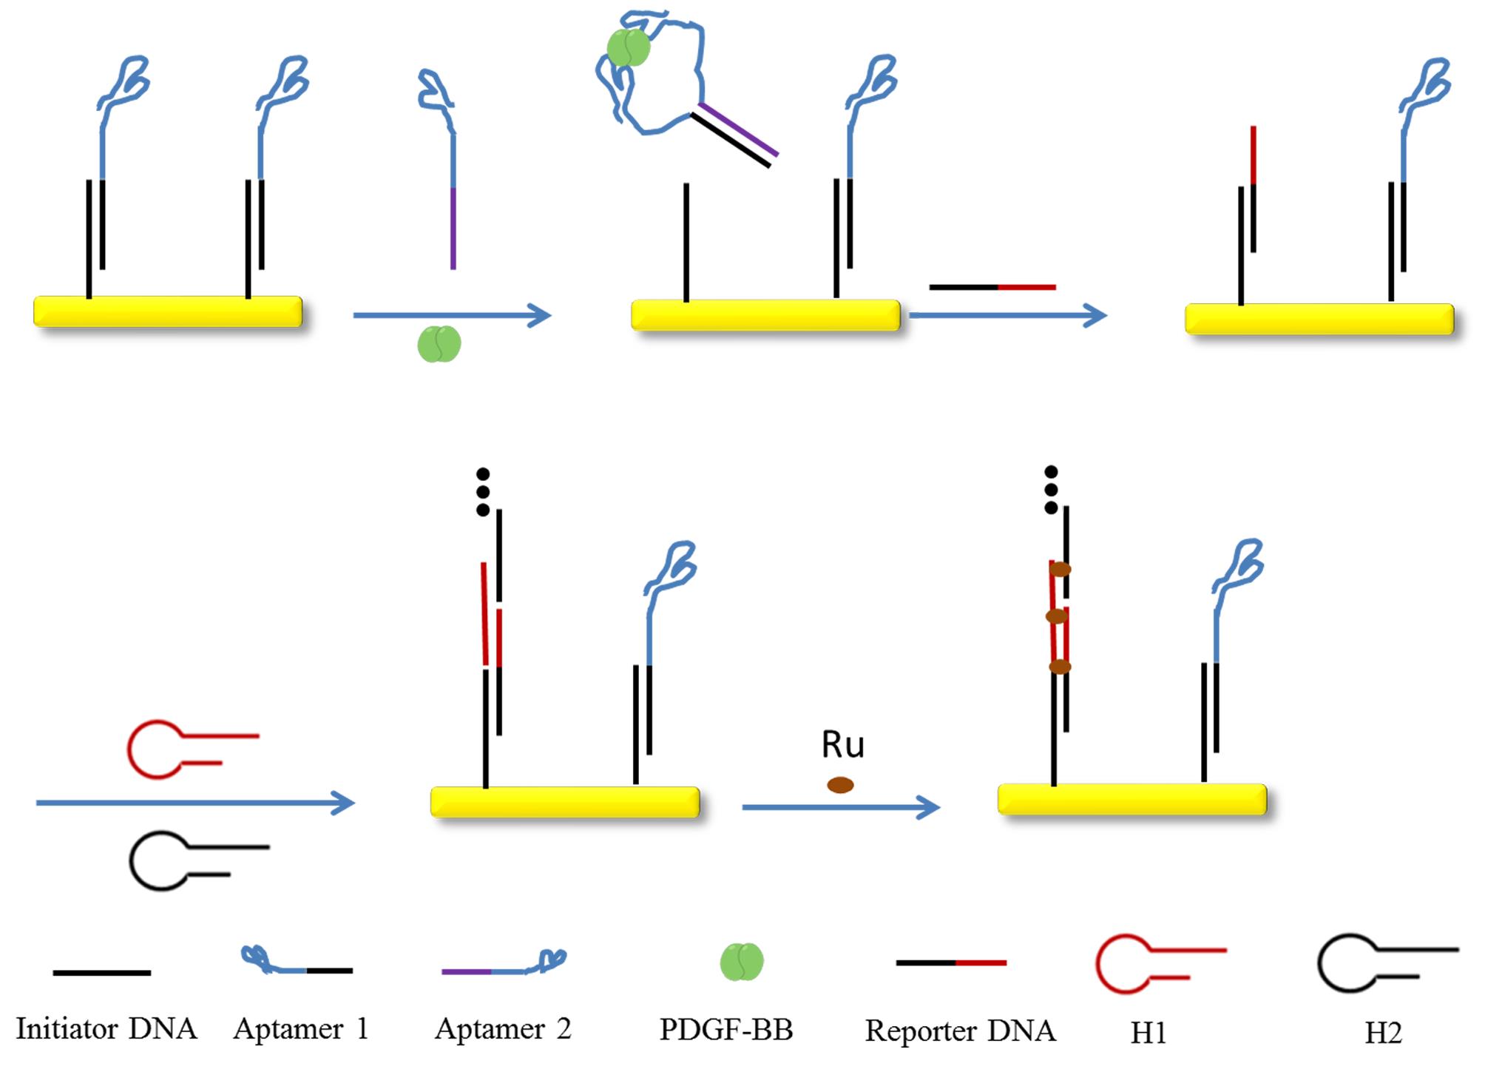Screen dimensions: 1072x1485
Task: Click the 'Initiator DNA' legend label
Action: click(106, 1029)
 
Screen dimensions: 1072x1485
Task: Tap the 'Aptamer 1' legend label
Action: click(300, 1029)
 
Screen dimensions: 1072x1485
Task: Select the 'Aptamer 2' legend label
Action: click(503, 1029)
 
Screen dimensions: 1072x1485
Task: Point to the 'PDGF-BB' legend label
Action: click(725, 1030)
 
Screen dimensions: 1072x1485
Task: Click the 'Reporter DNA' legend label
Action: click(960, 1031)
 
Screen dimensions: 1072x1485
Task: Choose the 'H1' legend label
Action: click(1148, 1033)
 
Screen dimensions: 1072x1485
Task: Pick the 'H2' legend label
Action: click(1383, 1033)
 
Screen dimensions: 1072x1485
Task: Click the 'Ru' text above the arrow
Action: click(842, 744)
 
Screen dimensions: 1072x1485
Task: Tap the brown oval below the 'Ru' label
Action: click(840, 785)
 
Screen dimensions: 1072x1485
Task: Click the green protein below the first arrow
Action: click(439, 345)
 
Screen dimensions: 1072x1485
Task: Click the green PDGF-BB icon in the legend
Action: click(741, 962)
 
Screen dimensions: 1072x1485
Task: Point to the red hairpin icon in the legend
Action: click(1157, 963)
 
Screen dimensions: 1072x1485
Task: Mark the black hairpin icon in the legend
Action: click(1384, 963)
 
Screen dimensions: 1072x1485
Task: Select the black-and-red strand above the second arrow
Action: click(992, 287)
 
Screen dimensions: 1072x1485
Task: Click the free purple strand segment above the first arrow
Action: click(453, 229)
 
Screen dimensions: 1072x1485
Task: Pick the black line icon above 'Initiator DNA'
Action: click(102, 973)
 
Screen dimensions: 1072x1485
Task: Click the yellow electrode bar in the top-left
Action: click(168, 311)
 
